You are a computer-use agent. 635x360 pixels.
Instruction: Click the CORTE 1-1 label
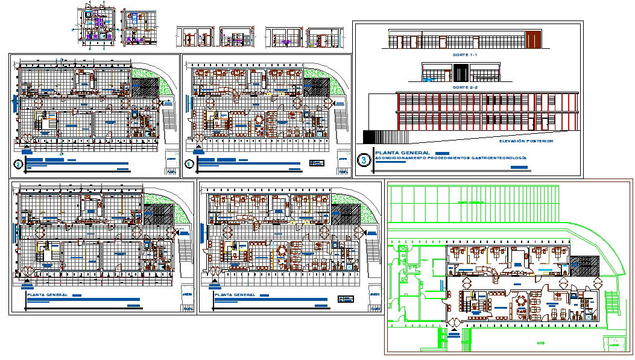coord(464,55)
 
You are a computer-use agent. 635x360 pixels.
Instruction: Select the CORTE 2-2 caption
coord(464,87)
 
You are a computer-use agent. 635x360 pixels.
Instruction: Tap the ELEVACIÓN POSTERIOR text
coord(526,141)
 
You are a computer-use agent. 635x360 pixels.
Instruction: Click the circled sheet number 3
coord(364,160)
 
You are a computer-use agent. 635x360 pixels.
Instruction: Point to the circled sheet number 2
coord(19,163)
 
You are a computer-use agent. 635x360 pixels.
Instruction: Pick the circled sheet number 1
coord(189,163)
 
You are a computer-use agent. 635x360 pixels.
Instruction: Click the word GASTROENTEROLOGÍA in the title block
coord(503,157)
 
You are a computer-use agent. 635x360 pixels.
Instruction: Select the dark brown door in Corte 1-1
coord(533,40)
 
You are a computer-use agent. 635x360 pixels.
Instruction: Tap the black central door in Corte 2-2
coord(460,74)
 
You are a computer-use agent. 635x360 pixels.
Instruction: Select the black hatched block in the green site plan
coord(583,265)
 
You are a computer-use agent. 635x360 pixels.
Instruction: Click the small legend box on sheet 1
coord(317,163)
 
